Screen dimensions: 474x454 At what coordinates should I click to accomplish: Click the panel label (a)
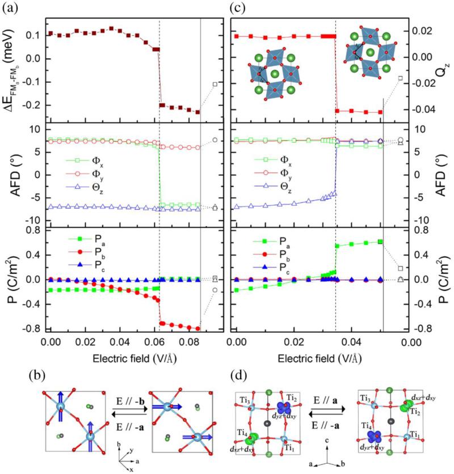click(9, 8)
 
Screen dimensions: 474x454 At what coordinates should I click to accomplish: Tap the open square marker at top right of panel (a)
click(215, 84)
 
